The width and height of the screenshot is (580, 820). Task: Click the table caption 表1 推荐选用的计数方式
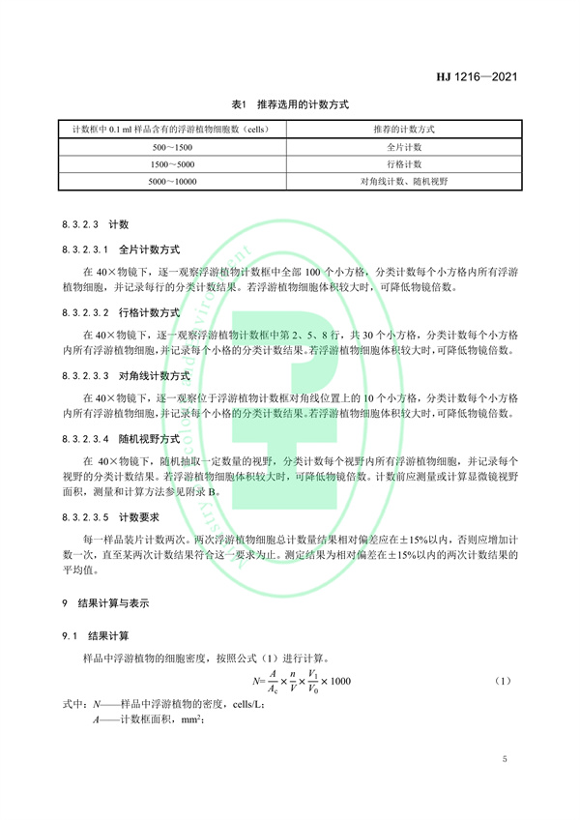[289, 102]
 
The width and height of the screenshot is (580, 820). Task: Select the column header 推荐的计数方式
[403, 129]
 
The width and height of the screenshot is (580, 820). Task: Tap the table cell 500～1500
[173, 146]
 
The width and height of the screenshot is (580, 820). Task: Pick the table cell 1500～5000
[173, 163]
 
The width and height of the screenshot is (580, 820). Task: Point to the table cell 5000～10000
[173, 181]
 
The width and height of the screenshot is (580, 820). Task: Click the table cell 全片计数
[403, 146]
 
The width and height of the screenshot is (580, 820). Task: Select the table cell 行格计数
[403, 163]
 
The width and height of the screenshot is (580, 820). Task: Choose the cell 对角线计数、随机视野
[403, 181]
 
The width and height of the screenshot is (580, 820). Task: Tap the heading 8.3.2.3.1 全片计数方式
[120, 249]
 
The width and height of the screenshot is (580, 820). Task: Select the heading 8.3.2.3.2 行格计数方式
[120, 313]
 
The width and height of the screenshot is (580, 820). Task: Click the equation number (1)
[502, 682]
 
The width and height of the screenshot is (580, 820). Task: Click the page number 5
[505, 760]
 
